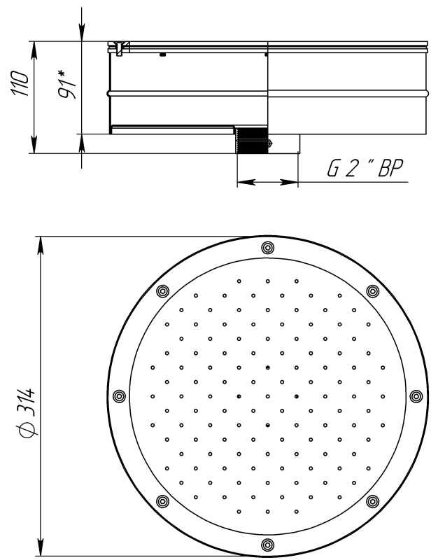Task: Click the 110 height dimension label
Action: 20,83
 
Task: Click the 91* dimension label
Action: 67,84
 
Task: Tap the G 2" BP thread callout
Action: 365,168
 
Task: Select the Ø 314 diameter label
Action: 30,412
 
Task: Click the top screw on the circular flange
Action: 267,248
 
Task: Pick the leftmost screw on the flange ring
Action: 119,396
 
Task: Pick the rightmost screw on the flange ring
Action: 416,396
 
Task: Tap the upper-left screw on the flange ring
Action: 162,291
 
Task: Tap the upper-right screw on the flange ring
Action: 372,291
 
